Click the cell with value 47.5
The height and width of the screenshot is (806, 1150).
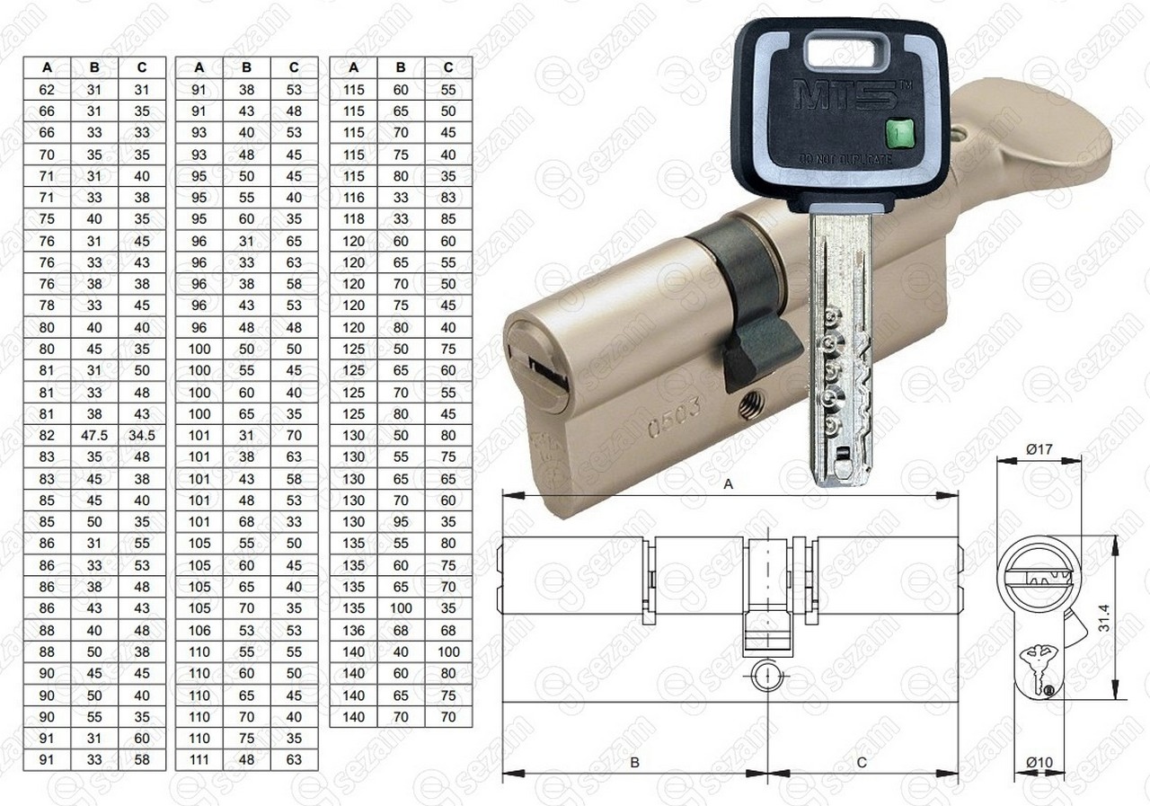94,435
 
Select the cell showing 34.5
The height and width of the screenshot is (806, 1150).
142,435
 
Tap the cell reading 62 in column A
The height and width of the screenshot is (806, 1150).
47,90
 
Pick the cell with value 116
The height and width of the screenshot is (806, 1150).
353,198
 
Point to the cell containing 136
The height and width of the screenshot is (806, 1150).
353,631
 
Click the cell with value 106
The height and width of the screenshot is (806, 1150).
199,631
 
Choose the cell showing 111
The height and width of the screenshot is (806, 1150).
199,760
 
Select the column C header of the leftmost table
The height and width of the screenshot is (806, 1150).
142,67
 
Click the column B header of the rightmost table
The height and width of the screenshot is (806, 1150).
401,67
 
